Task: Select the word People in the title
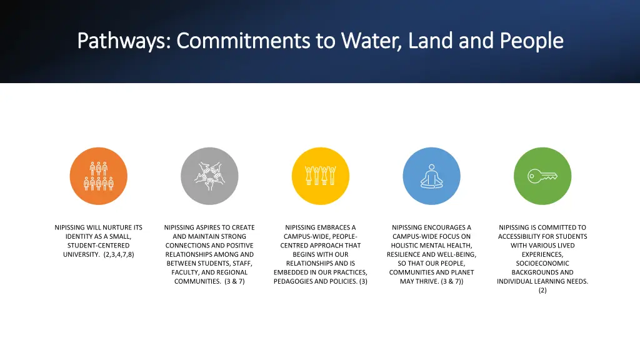(x=531, y=41)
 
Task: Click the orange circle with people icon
(x=98, y=176)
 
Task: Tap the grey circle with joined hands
(x=209, y=176)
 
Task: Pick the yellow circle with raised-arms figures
(x=321, y=176)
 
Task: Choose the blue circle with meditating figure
(x=431, y=176)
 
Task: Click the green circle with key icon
(x=542, y=176)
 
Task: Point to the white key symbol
(x=541, y=176)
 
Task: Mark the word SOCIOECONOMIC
(x=542, y=264)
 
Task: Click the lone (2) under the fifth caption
(x=542, y=291)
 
